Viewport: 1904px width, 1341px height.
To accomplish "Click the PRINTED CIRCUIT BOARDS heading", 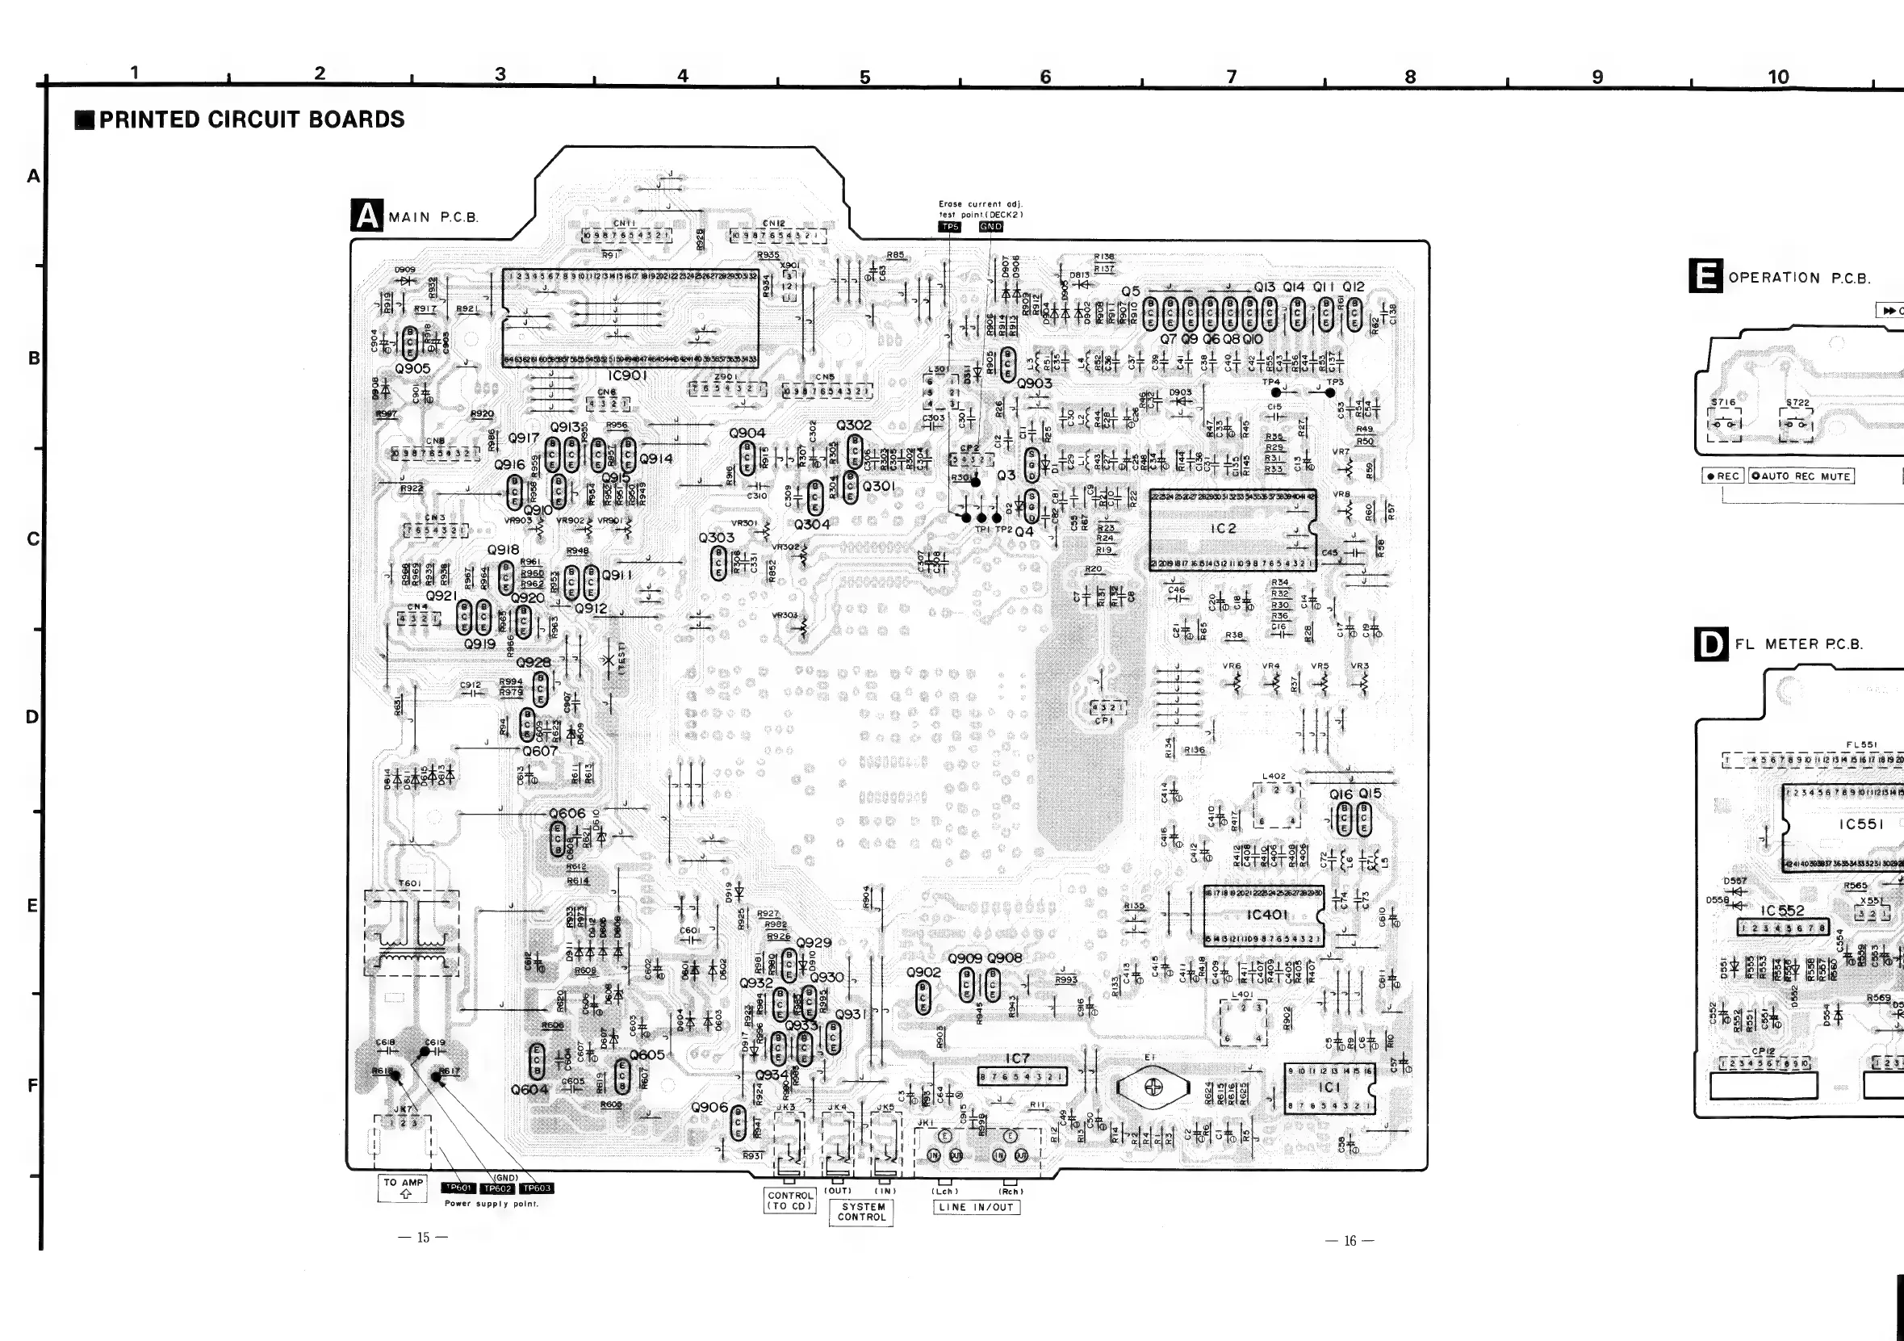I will (x=251, y=119).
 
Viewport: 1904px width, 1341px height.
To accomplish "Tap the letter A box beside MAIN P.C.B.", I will (x=366, y=216).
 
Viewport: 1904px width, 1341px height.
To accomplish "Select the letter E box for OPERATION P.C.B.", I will (x=1705, y=276).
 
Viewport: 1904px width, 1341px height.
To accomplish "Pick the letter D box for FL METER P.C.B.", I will (x=1711, y=644).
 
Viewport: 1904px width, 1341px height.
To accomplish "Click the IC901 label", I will (x=627, y=375).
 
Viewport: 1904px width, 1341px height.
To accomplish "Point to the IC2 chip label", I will (x=1223, y=528).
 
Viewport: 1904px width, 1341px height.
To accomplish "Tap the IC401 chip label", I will (x=1267, y=914).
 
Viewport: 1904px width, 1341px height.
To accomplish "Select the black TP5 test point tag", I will (x=949, y=226).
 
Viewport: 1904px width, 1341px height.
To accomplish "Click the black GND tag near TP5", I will (x=991, y=226).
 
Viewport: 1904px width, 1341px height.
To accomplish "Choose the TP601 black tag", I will (x=459, y=1188).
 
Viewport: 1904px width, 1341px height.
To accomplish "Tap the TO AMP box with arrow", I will (x=404, y=1188).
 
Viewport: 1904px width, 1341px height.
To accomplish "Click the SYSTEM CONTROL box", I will (x=862, y=1212).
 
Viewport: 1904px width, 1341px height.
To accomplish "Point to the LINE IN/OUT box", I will (x=976, y=1208).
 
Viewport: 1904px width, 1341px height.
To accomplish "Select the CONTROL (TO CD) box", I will (x=789, y=1200).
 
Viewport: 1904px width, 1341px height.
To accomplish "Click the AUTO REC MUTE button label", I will (x=1801, y=476).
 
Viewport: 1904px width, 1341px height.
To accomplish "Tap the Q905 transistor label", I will (x=412, y=368).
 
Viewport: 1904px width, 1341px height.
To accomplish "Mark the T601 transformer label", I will (x=410, y=883).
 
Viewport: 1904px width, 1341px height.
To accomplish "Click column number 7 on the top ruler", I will (x=1232, y=78).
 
